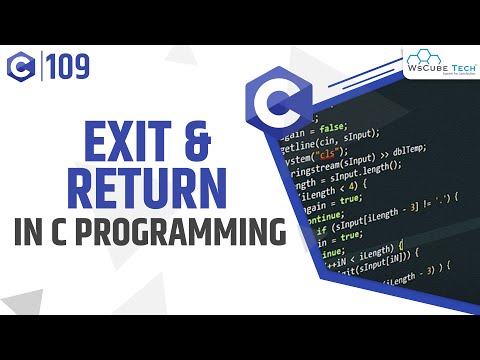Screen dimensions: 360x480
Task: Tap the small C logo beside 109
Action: pos(21,67)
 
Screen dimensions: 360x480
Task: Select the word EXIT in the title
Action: pos(117,146)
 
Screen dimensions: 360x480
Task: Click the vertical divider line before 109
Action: pos(39,67)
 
